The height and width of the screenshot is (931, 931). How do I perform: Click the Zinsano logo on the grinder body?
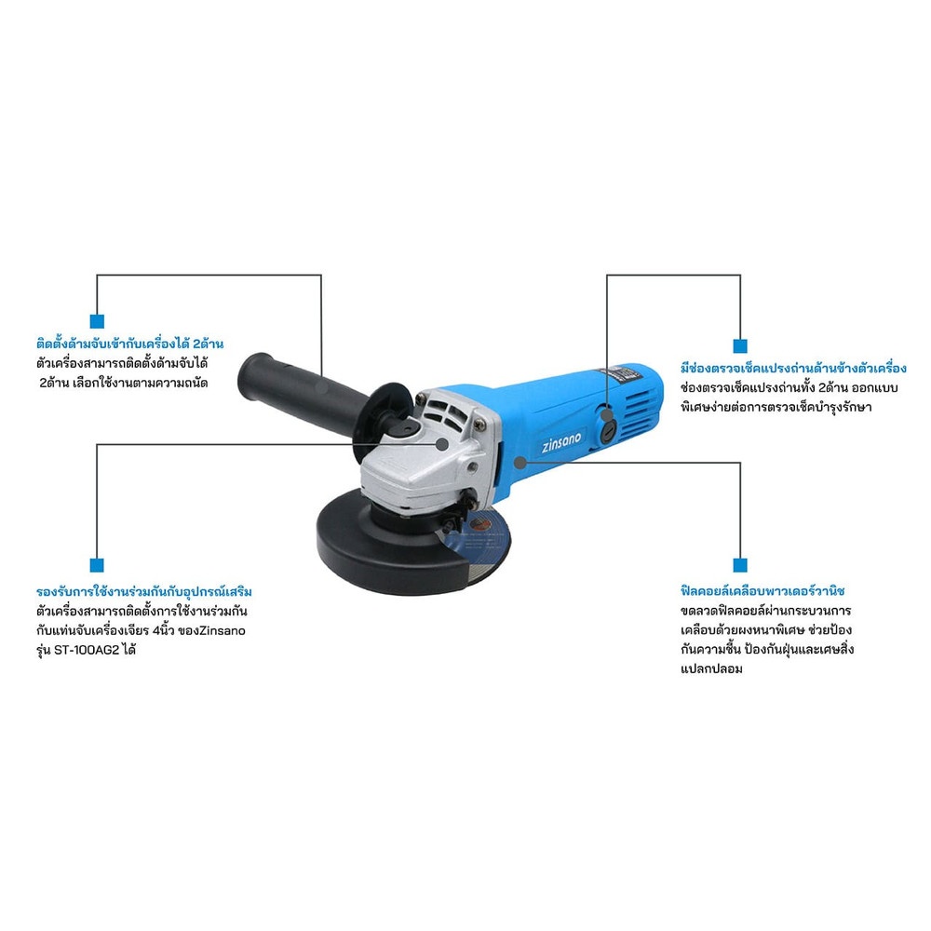click(561, 442)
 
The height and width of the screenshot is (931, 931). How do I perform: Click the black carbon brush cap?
click(607, 430)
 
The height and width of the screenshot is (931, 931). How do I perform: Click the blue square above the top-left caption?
click(97, 321)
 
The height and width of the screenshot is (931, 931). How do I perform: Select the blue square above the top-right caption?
click(740, 345)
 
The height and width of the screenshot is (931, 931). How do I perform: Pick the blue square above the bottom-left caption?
click(97, 565)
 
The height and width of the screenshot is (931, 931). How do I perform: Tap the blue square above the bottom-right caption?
click(740, 565)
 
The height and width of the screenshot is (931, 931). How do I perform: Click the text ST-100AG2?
click(87, 650)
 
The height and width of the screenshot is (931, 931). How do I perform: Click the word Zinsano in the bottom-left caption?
click(223, 630)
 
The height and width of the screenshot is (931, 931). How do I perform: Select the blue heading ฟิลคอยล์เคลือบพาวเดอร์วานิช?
click(763, 591)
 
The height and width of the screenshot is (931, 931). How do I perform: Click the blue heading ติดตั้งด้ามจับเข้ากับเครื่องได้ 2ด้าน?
click(130, 344)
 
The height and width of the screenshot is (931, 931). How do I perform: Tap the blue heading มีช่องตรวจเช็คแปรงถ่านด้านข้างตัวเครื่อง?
click(793, 368)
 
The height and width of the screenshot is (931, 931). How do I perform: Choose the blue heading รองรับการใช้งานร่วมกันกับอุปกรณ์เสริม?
click(144, 591)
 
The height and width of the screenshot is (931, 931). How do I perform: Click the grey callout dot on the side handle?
click(321, 386)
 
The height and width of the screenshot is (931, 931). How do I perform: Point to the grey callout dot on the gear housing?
click(441, 443)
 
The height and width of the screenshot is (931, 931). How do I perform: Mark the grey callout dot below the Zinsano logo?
click(520, 462)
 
